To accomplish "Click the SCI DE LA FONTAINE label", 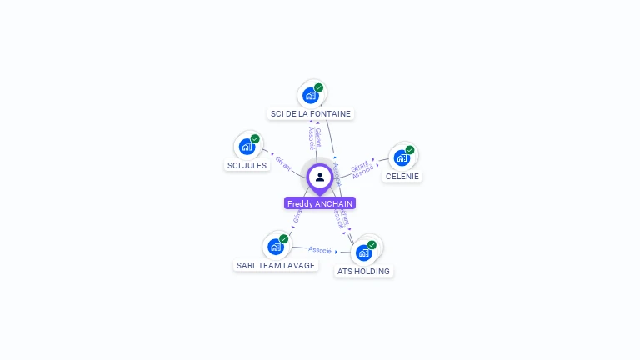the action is (x=311, y=113).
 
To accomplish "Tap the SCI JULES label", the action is (x=247, y=165).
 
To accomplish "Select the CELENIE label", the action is (x=402, y=176).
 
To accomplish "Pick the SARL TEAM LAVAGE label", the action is (x=276, y=265).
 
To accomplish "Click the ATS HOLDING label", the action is (x=363, y=271).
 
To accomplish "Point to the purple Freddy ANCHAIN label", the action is (x=320, y=203).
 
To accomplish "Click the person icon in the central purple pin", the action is (x=320, y=177).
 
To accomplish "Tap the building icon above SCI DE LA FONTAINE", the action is (x=310, y=95).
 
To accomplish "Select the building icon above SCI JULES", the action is (x=247, y=147).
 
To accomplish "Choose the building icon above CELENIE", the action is (x=402, y=157).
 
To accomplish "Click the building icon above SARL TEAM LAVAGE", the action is (x=275, y=247).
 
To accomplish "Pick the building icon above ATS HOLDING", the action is (x=363, y=252).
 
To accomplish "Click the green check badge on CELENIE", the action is (x=410, y=150).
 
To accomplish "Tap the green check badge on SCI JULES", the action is (x=255, y=138).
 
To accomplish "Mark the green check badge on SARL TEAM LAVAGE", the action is (x=283, y=239).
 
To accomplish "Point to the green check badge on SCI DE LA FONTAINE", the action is (x=318, y=87).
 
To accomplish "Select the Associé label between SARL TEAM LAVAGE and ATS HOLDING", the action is (x=319, y=249).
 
